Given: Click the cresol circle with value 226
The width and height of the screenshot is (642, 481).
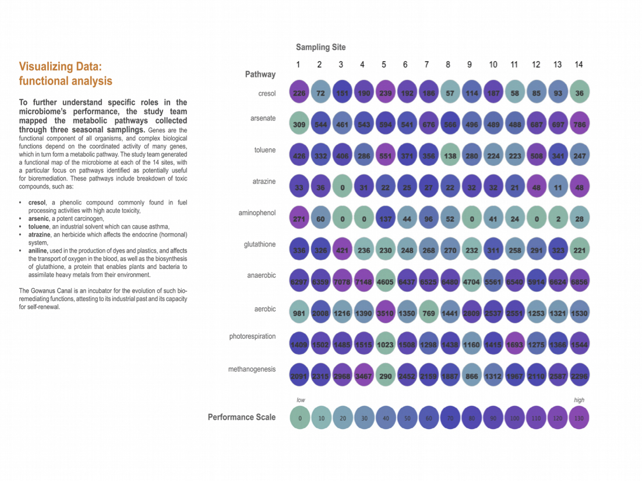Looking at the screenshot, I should point(299,93).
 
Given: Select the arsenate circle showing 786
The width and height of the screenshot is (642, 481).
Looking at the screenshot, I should point(578,124).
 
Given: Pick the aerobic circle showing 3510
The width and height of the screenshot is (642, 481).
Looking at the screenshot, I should point(384,313).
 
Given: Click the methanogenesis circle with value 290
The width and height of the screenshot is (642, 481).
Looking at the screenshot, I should point(384,376).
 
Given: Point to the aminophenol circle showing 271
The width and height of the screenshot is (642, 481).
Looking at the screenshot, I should point(299,218).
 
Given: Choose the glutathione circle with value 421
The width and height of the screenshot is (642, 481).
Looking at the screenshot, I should point(341,249).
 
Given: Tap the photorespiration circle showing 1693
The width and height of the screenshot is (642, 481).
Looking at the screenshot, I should point(514,345).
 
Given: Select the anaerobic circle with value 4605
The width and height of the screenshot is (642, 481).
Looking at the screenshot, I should point(384,282).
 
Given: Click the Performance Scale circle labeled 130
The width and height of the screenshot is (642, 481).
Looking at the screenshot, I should point(578,418).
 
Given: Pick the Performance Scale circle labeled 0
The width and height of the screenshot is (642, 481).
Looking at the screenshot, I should point(299,418).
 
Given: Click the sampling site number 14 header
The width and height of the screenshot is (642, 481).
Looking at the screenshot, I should point(578,65).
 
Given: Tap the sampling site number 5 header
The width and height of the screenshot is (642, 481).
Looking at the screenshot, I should point(384,65).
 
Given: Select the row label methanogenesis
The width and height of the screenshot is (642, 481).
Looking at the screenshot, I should point(252,369).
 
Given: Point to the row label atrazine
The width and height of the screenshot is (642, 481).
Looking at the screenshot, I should point(263,182).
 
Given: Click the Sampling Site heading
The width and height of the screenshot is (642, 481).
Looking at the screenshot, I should point(320,47).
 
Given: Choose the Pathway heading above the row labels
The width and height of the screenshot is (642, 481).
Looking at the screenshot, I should point(260,75).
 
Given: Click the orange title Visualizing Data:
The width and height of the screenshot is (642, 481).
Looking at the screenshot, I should point(64,66).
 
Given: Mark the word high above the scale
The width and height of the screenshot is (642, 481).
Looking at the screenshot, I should point(578,400).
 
